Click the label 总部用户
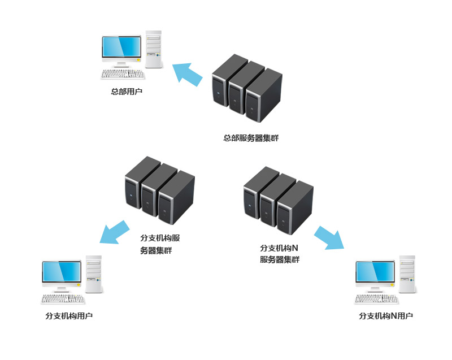coord(127,90)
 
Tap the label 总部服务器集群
coord(251,138)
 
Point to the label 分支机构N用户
coord(385,316)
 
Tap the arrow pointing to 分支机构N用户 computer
coord(329,237)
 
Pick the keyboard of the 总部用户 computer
coord(123,74)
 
